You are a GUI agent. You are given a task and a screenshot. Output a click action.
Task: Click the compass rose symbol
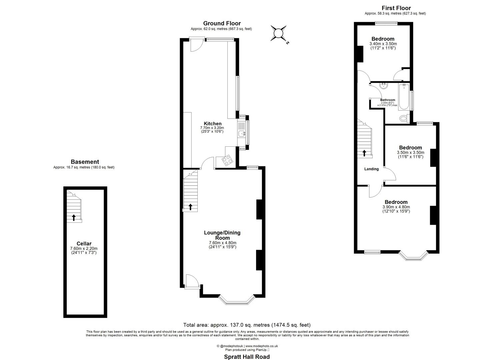click(278, 33)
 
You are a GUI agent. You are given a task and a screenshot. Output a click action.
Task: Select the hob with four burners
click(228, 161)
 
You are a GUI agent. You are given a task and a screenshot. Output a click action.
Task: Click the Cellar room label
click(84, 244)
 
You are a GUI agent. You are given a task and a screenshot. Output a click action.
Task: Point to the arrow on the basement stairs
click(74, 218)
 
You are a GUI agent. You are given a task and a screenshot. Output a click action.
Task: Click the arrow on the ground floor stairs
click(190, 207)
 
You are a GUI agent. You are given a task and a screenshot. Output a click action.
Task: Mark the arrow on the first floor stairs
click(364, 153)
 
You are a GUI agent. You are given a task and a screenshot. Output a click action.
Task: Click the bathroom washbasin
click(384, 86)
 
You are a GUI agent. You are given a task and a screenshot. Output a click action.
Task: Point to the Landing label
click(371, 169)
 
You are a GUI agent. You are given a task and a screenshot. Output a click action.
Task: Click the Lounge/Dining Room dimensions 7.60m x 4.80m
click(222, 243)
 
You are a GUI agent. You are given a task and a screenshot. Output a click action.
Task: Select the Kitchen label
click(213, 124)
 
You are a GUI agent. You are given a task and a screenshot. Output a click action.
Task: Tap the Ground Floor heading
click(222, 23)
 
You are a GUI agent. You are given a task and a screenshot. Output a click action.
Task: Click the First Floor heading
click(396, 8)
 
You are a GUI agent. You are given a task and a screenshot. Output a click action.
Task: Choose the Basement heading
click(85, 162)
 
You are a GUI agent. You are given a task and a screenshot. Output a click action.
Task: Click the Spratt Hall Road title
click(247, 357)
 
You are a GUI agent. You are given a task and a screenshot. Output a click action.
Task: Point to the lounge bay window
click(237, 301)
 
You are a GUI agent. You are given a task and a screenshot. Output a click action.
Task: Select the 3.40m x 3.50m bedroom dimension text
click(383, 44)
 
